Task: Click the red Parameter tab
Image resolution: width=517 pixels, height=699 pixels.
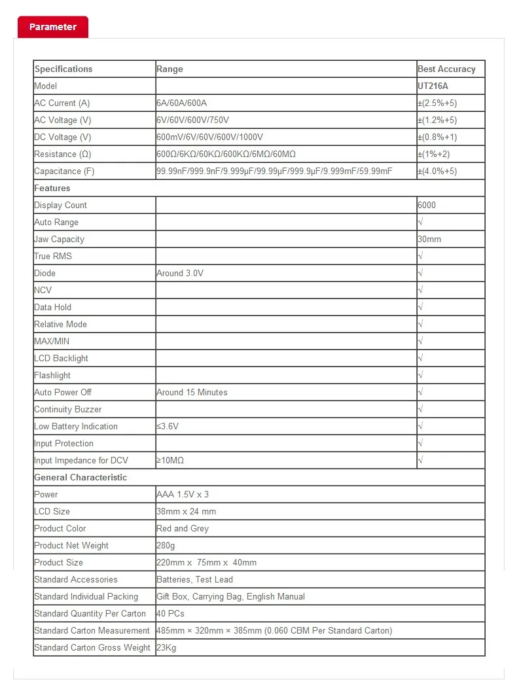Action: [x=52, y=27]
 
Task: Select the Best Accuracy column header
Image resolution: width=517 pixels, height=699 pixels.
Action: [x=446, y=69]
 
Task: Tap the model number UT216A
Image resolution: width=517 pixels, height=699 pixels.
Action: [x=433, y=86]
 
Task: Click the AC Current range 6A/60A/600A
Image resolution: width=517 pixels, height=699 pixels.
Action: [x=181, y=103]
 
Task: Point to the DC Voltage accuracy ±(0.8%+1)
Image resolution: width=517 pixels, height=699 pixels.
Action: [x=437, y=137]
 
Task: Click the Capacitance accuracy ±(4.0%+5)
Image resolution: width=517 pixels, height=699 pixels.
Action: [x=437, y=171]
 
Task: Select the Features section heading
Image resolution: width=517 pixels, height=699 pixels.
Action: [x=52, y=188]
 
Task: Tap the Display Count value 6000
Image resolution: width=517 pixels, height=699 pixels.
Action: [x=427, y=205]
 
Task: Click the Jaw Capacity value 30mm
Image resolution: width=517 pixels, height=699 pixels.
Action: [x=429, y=239]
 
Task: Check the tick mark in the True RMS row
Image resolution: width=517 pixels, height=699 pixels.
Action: [x=420, y=256]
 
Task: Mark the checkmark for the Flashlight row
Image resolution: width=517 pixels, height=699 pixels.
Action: [x=420, y=375]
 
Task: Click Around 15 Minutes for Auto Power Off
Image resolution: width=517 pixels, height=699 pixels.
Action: [x=192, y=392]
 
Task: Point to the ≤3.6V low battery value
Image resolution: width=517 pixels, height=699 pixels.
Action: [x=168, y=426]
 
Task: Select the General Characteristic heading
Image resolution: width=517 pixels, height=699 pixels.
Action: [x=80, y=477]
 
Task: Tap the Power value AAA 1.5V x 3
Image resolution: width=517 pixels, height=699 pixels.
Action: [x=183, y=494]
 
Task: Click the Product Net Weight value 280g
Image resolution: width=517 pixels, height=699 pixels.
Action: [x=166, y=545]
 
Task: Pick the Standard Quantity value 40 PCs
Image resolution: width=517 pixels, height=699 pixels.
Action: [x=170, y=613]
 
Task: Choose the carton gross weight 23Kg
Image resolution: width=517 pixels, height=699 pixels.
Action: [x=166, y=647]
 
